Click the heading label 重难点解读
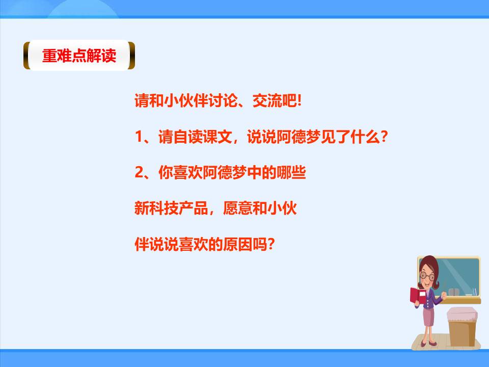79,56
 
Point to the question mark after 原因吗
271,245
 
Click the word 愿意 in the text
238,209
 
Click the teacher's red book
417,296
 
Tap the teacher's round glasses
427,276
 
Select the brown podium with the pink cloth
464,326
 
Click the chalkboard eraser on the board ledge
454,292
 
